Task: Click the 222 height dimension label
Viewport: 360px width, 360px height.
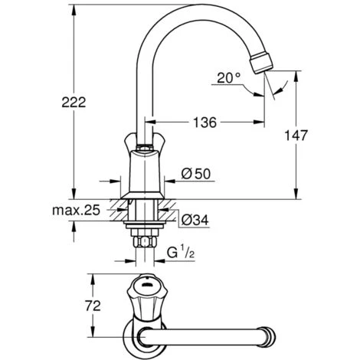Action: pyautogui.click(x=74, y=103)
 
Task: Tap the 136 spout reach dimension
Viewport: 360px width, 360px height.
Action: pyautogui.click(x=205, y=123)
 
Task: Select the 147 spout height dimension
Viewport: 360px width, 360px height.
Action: pyautogui.click(x=296, y=136)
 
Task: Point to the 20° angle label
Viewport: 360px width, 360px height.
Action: pyautogui.click(x=229, y=78)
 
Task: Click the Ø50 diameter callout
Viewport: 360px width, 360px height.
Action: pyautogui.click(x=196, y=174)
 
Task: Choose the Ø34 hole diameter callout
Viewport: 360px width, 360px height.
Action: pyautogui.click(x=195, y=220)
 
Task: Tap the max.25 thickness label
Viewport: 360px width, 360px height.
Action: pyautogui.click(x=76, y=211)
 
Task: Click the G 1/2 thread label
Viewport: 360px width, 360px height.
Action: pyautogui.click(x=181, y=252)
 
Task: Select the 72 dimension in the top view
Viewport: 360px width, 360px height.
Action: pyautogui.click(x=93, y=306)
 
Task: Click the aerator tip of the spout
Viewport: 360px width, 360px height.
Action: pyautogui.click(x=261, y=62)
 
